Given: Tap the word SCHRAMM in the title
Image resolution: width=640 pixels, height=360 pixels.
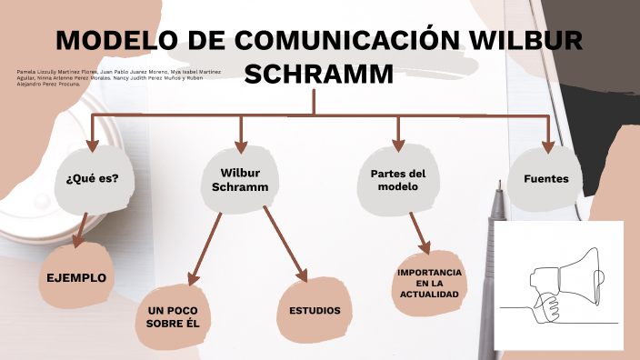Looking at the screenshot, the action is point(319,74).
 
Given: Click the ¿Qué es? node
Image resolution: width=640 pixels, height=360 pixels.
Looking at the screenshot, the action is point(93,178).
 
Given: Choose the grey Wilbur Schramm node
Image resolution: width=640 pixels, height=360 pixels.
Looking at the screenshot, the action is point(240,180).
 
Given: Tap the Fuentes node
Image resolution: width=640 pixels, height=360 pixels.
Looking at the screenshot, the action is point(546,179).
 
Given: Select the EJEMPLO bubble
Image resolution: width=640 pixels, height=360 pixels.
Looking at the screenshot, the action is point(77,278).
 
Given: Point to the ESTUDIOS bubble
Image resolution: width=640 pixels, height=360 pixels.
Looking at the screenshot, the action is point(315,311).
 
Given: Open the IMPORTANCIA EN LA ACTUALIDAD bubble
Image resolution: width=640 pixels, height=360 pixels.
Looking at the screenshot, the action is point(429,284).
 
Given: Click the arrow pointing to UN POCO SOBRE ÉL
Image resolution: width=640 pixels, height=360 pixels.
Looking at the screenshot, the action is point(204,246).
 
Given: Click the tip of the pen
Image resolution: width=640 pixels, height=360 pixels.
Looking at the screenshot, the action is point(497,185).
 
